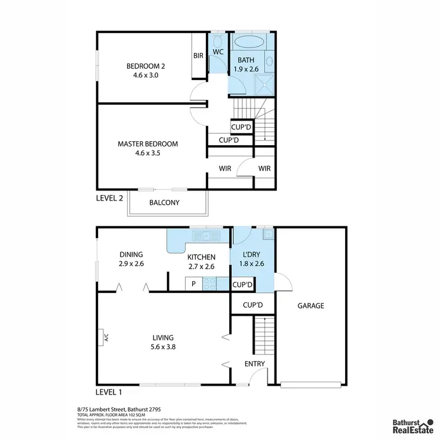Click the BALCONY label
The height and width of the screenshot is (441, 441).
click(164, 203)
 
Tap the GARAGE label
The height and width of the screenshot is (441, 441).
click(310, 306)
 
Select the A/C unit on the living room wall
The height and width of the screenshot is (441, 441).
click(102, 338)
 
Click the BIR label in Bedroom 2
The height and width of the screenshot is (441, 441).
click(198, 56)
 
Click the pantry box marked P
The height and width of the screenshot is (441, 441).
click(193, 284)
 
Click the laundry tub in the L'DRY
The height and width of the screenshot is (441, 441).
click(268, 234)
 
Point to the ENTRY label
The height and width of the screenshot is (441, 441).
click(254, 363)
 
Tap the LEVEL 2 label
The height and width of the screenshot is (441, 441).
click(109, 198)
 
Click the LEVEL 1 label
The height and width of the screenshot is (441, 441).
click(109, 392)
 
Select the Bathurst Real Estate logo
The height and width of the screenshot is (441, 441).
click(414, 425)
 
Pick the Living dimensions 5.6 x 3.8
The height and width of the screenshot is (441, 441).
click(163, 347)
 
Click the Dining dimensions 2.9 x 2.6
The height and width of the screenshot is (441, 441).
click(132, 264)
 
